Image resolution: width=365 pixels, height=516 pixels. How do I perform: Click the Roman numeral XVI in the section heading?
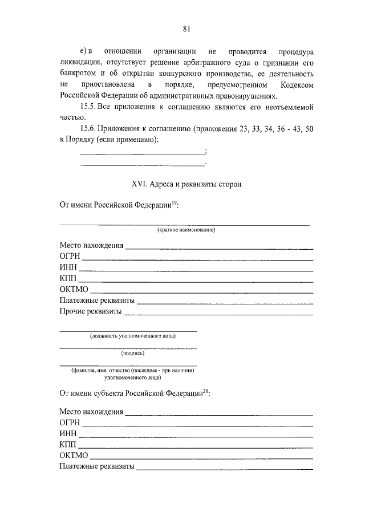point(140,184)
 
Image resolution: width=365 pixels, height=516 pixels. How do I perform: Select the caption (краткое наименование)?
point(186,230)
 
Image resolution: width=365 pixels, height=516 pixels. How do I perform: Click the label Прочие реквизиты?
point(90,311)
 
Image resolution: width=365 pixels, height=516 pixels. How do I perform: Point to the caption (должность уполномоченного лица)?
point(128,336)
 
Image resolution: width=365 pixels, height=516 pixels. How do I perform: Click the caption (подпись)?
point(128,353)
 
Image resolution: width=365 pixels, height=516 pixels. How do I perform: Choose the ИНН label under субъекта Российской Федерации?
point(67,433)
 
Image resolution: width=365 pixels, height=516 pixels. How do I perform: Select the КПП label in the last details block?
point(67,444)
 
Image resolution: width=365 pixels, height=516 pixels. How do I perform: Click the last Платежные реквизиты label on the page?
point(96,466)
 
